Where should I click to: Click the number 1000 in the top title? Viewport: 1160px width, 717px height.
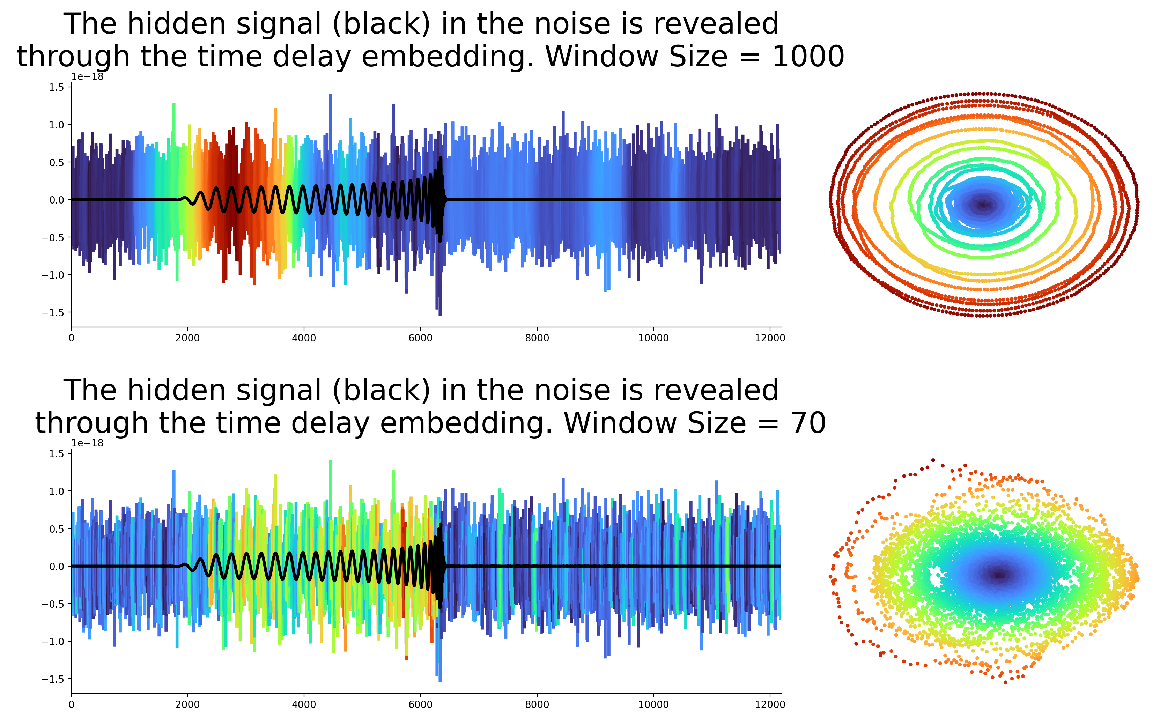[808, 57]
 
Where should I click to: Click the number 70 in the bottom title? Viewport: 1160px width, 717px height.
[808, 423]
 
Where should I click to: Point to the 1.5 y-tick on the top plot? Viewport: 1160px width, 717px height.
[57, 87]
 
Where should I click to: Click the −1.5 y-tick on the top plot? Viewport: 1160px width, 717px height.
[53, 312]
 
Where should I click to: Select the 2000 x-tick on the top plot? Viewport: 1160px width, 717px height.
[187, 338]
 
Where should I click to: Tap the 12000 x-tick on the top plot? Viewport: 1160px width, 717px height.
[770, 338]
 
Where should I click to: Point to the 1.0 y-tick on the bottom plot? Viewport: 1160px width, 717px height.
[57, 491]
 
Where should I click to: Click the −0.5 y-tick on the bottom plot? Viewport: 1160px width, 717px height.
[53, 604]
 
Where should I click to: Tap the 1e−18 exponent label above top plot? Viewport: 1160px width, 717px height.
[87, 77]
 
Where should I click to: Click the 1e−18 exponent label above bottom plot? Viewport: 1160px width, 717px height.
[87, 443]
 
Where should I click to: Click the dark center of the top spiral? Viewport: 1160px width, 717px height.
[983, 205]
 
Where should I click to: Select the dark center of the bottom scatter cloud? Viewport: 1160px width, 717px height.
[999, 575]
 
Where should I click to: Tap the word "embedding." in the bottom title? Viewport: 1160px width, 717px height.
[466, 423]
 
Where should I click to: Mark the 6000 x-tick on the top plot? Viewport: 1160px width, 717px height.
[420, 338]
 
